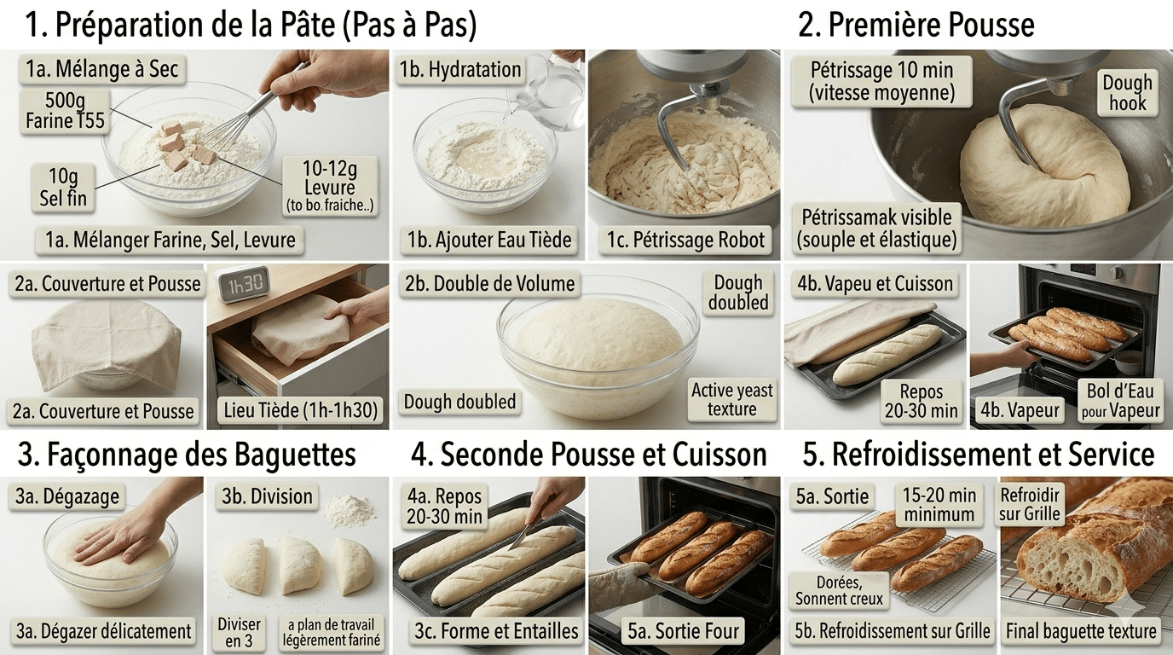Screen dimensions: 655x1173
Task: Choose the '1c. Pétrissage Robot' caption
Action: pos(685,240)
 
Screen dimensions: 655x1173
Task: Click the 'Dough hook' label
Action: pos(1127,93)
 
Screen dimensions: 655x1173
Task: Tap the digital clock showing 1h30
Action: pos(241,284)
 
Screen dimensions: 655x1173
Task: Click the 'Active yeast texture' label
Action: pos(731,400)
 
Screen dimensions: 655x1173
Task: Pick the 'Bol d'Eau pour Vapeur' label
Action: pos(1121,401)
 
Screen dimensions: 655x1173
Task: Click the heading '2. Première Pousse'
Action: pos(916,25)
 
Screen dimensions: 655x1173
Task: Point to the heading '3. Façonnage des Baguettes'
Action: pos(186,455)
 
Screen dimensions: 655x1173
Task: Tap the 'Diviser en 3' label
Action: pos(239,632)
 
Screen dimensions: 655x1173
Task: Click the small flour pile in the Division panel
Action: pos(349,512)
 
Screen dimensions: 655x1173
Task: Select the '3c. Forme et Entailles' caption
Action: pos(497,632)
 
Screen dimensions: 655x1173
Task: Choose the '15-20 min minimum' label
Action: pos(939,505)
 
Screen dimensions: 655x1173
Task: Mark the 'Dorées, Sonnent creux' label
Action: pos(839,590)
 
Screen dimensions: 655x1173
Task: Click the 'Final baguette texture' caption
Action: pos(1081,632)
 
